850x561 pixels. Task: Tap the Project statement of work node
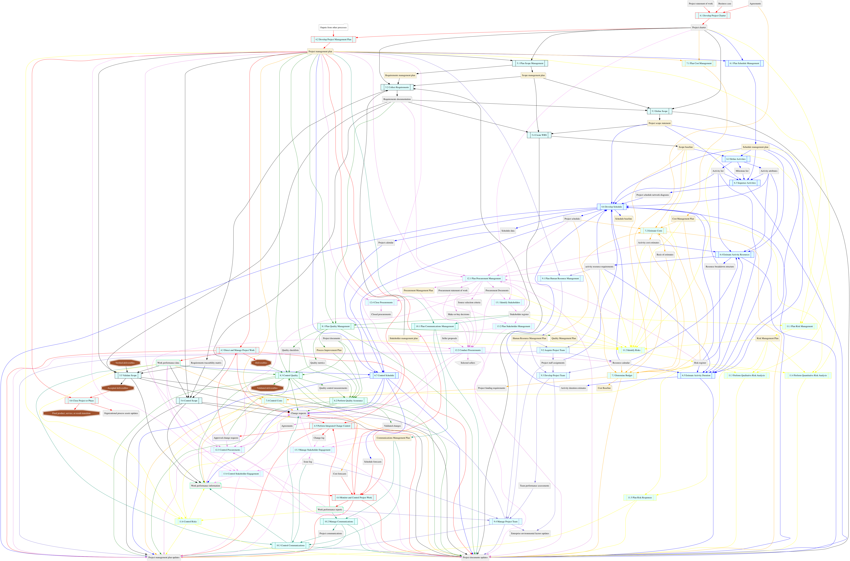pos(701,4)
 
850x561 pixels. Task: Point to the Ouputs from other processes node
pos(333,28)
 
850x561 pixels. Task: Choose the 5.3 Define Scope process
pos(660,111)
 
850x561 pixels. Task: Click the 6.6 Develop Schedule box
pos(612,207)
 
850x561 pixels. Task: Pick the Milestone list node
pos(742,171)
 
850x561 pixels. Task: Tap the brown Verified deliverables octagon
pos(125,363)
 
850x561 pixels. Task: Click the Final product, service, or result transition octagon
pos(71,413)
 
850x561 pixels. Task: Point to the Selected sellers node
pos(468,363)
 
